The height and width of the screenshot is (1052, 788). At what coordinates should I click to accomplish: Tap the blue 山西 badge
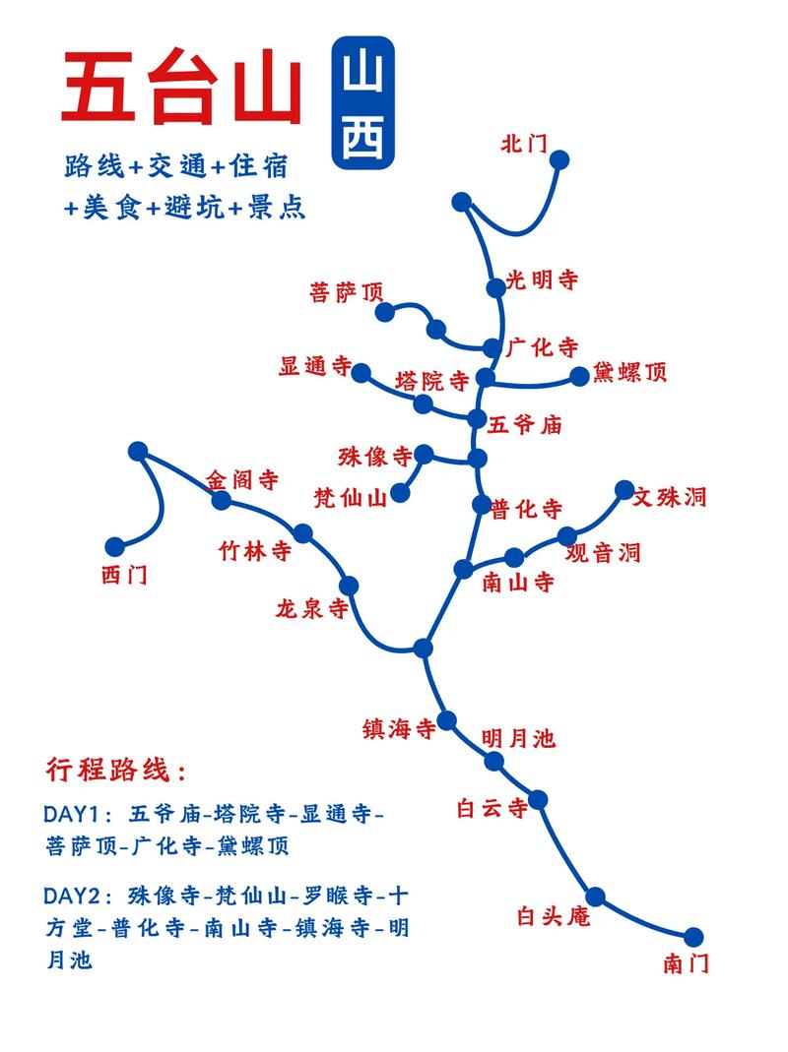pos(363,104)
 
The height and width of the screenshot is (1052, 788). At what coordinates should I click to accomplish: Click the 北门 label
pos(523,143)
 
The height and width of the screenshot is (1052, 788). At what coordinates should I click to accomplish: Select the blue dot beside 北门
pos(560,159)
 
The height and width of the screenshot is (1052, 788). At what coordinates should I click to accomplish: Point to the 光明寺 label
pos(542,280)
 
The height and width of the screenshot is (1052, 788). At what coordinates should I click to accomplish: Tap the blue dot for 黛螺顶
pos(579,375)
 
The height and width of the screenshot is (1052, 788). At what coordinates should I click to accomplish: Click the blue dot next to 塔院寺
pos(424,403)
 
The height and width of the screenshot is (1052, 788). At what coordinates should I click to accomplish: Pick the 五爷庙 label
pos(525,425)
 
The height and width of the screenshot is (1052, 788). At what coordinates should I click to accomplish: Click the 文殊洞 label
pos(670,496)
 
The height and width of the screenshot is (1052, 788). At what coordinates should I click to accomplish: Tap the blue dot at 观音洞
pos(567,536)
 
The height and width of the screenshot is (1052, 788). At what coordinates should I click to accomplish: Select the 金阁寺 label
pos(242,480)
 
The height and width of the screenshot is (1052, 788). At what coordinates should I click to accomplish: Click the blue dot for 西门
pos(115,546)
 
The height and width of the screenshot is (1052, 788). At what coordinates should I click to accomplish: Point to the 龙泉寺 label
pos(312,609)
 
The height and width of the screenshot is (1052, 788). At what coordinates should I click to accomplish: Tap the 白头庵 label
pos(553,916)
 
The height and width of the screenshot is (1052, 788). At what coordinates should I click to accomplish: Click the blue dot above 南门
pos(694,936)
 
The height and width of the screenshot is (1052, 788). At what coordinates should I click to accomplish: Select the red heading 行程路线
pos(115,770)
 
